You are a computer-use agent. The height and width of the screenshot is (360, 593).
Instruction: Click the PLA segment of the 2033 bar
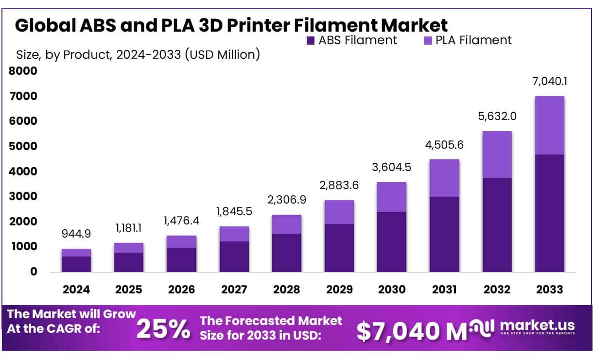tap(549, 125)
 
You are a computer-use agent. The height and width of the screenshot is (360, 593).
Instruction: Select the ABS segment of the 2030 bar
tap(392, 241)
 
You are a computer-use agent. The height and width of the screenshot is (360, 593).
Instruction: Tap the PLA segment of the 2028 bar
tap(286, 224)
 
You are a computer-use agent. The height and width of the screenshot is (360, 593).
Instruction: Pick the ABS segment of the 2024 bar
tap(76, 264)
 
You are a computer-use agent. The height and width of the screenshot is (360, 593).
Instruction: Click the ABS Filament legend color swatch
tap(310, 40)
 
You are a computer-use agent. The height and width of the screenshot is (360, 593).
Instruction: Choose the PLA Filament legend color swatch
tap(427, 40)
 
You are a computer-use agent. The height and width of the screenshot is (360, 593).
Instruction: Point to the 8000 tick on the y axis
tap(23, 71)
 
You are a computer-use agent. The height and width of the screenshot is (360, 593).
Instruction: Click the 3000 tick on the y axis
tap(23, 197)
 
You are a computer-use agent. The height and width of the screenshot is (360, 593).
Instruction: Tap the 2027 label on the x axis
tap(234, 290)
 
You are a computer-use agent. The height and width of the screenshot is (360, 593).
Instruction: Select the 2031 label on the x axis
tap(444, 290)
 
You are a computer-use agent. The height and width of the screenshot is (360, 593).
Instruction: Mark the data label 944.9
tap(76, 234)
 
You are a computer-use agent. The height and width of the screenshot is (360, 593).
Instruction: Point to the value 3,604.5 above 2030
tap(392, 167)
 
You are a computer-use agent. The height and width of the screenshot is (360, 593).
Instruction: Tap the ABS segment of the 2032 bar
tap(497, 224)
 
